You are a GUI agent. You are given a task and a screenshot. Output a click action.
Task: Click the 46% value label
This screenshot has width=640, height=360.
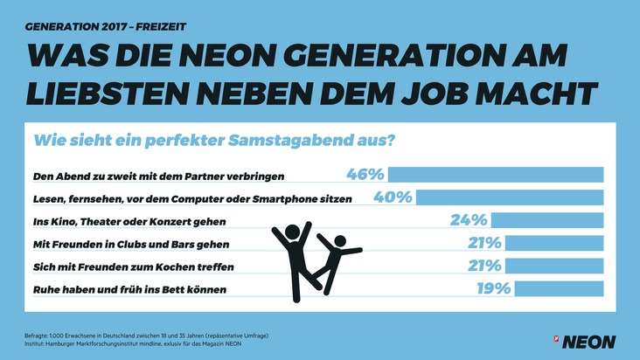coord(365,175)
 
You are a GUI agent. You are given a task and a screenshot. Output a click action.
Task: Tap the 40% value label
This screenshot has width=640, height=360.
coord(393,197)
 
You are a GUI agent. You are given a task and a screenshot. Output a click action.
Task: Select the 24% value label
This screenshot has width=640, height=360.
coord(468,220)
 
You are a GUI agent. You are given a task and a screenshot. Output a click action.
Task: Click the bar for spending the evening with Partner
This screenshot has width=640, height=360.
coord(496,175)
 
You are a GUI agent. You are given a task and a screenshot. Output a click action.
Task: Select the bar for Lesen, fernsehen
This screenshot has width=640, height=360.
coord(510,197)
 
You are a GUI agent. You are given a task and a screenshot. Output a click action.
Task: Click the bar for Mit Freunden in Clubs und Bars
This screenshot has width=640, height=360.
coord(554,243)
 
